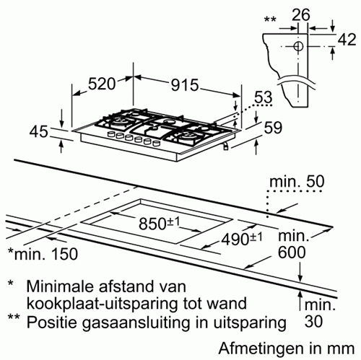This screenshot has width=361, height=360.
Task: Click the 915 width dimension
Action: click(185, 85)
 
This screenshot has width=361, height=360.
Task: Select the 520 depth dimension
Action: click(102, 84)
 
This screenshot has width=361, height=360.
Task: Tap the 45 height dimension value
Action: click(39, 132)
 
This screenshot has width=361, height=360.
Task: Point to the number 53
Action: click(264, 97)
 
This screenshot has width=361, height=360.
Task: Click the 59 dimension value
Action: click(273, 127)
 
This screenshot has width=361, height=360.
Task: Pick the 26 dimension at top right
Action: click(301, 15)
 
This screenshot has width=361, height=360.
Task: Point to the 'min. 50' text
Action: click(297, 182)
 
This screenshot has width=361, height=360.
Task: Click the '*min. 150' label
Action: click(43, 254)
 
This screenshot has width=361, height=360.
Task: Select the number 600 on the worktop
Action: click(292, 253)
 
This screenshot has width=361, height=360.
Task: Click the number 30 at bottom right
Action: click(313, 321)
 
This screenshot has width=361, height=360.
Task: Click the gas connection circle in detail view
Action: click(298, 46)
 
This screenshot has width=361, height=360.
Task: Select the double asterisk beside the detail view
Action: click(270, 19)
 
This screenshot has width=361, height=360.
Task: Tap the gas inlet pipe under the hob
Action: click(225, 145)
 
